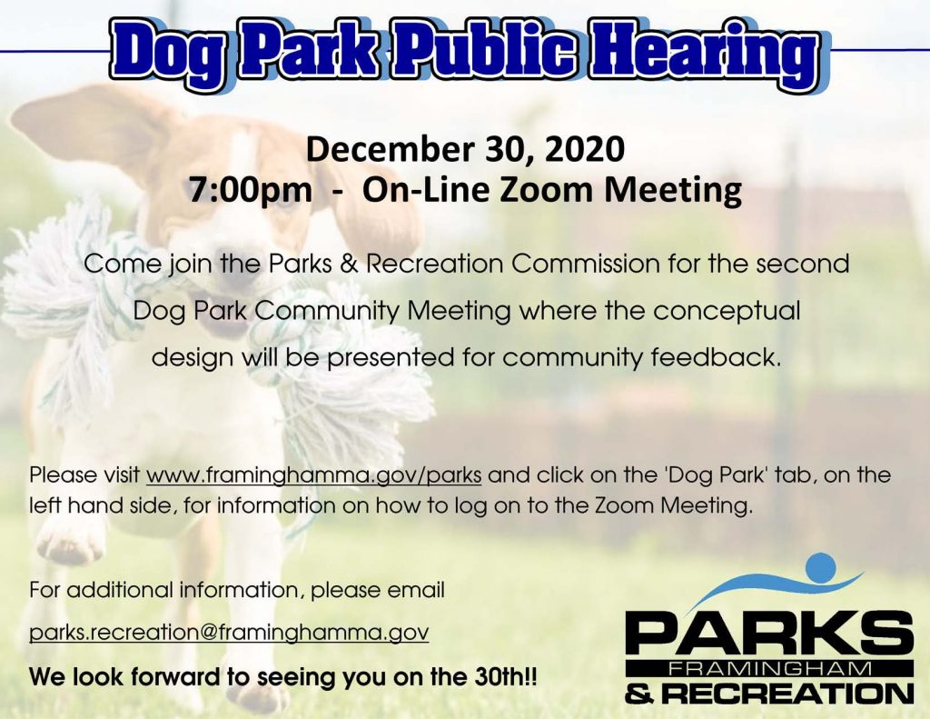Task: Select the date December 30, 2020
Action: [x=465, y=149]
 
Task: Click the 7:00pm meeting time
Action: [x=250, y=190]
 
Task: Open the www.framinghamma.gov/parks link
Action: [x=313, y=475]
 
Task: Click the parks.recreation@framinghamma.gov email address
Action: [x=229, y=633]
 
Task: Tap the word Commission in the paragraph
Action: [x=585, y=264]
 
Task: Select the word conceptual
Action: [x=727, y=312]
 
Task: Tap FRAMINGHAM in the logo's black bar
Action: [x=770, y=669]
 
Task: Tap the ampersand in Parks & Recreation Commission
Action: [x=350, y=265]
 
